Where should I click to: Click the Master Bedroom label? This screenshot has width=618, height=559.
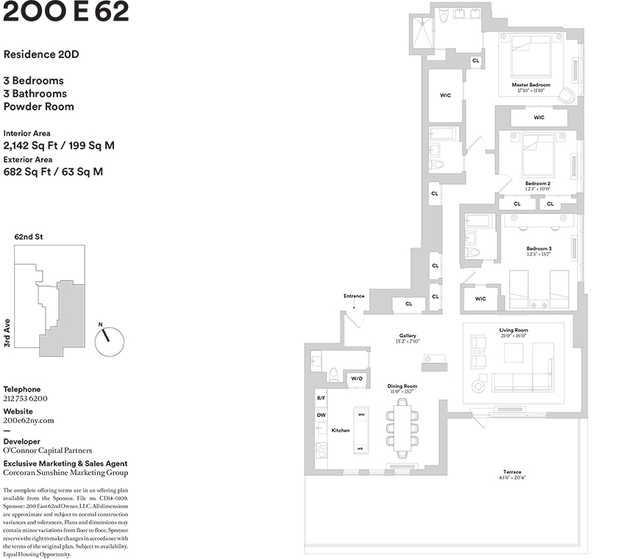[530, 85]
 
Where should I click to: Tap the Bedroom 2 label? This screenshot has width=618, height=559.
[537, 183]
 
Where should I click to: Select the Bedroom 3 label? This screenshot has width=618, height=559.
[539, 249]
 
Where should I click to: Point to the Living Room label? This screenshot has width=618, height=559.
[514, 330]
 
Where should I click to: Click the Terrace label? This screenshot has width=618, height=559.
[512, 471]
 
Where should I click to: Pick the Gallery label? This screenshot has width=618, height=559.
[408, 335]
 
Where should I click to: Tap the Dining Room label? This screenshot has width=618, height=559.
[402, 386]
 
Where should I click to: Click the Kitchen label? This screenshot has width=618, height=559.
[340, 430]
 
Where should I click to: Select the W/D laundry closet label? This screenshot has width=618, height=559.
[357, 379]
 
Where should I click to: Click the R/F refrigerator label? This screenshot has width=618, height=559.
[321, 398]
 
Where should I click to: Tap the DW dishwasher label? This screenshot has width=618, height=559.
[321, 415]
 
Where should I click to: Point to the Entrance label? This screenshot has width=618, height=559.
[354, 296]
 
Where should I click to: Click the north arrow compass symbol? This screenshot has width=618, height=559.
[110, 341]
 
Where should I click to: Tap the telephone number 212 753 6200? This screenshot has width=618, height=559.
[25, 399]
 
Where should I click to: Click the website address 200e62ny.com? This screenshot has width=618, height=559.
[29, 421]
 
